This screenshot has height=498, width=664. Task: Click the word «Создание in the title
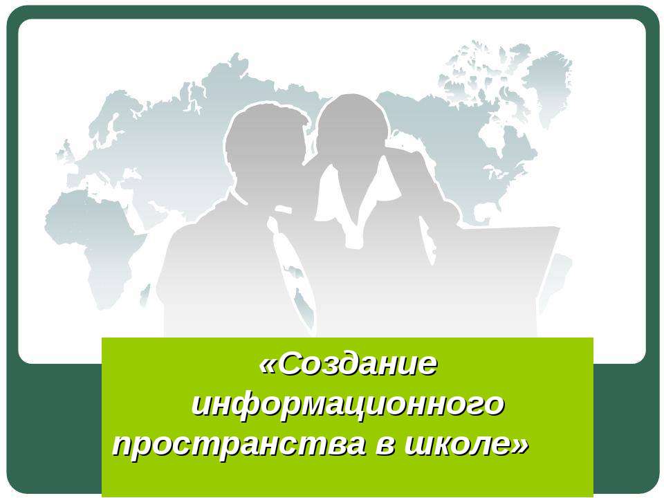[349, 364]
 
